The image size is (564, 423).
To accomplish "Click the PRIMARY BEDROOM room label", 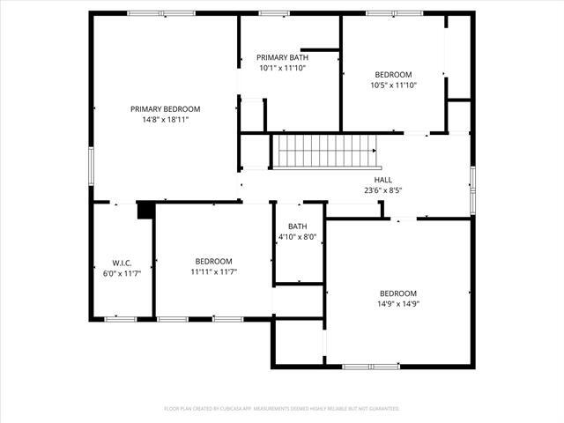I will (166, 109).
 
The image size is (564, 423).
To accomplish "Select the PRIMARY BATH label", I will (282, 57).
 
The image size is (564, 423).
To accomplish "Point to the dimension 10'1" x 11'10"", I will (282, 68).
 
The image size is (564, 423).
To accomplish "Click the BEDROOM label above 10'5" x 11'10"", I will (393, 75).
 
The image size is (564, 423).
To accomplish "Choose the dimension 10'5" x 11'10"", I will (393, 85).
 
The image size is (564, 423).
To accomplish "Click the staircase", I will (327, 151).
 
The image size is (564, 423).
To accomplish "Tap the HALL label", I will (383, 180).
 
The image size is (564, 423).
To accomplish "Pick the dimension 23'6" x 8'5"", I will (383, 189).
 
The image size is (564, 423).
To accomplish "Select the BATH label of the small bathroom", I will (297, 226).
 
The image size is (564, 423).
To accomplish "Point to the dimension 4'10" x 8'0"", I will (297, 237).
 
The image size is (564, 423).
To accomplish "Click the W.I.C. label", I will (122, 263).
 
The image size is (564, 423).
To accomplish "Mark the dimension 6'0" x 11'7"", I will (122, 273).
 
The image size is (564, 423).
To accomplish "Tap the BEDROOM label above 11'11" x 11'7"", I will (213, 262).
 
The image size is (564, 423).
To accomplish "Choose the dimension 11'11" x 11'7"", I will (213, 272).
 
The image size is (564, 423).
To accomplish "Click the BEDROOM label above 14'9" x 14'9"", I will (398, 293).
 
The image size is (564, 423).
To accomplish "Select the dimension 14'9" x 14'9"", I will (398, 304).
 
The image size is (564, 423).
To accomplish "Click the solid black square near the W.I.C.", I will (145, 210).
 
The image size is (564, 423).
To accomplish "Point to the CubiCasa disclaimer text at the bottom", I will (282, 409).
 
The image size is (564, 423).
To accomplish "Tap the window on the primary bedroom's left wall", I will (91, 162).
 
